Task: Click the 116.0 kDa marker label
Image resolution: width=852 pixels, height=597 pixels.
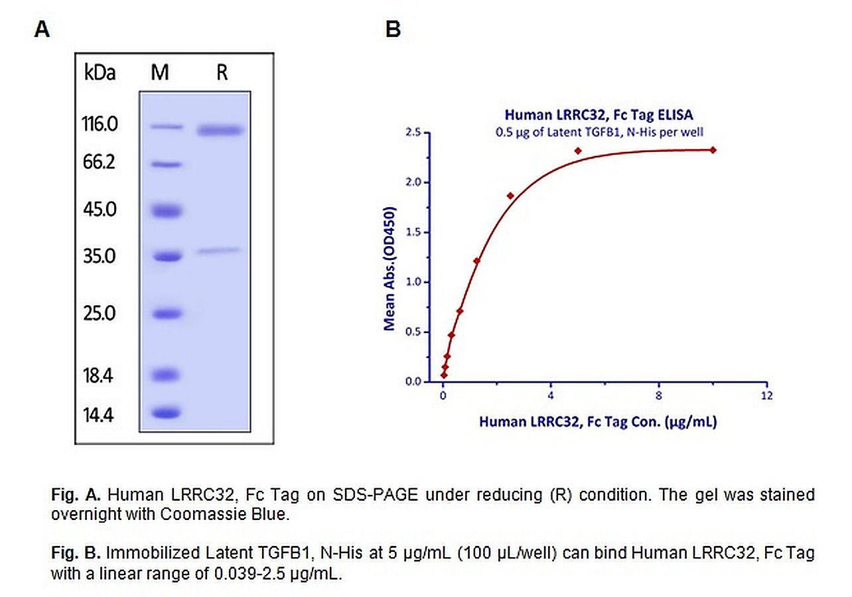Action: coord(100,123)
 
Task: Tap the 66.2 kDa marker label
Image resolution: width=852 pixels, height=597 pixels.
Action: coord(100,161)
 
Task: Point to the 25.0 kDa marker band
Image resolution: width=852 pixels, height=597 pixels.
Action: coord(165,313)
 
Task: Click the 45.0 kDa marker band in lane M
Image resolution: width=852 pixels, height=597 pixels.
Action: coord(165,211)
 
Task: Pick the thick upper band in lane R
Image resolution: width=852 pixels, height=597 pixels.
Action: coord(221,130)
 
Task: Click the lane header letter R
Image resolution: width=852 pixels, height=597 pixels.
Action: coord(222,72)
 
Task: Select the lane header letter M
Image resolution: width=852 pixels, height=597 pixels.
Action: coord(160,72)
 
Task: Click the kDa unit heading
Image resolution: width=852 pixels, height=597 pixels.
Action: coord(100,72)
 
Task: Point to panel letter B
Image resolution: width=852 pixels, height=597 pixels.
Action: coord(393,30)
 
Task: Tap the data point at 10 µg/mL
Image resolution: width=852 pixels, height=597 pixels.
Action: coord(713,150)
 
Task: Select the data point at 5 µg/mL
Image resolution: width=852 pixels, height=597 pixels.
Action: coord(578,151)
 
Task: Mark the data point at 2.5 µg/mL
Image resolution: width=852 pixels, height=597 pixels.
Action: coord(510,196)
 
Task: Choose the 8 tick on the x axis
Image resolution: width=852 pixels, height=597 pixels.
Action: coord(658,396)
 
